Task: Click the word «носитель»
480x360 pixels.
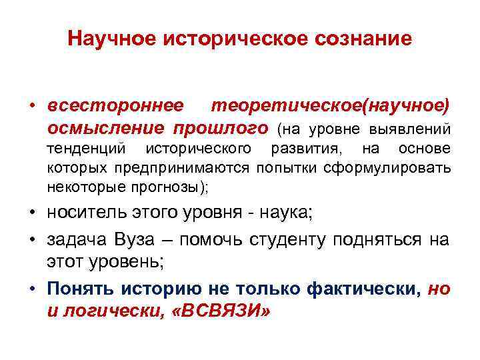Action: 86,214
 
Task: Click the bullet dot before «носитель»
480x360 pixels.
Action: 33,215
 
